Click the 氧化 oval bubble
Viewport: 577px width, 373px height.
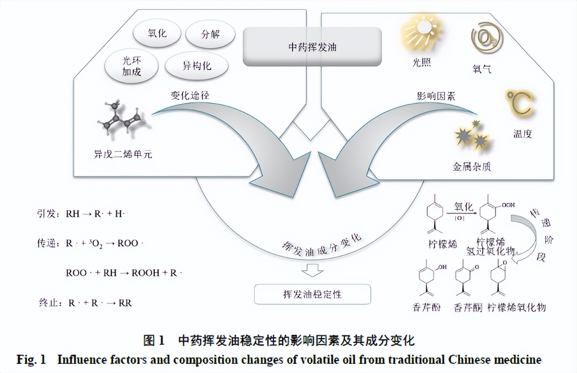(157, 34)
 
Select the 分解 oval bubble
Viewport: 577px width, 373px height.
(210, 35)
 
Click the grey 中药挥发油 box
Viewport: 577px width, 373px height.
(312, 46)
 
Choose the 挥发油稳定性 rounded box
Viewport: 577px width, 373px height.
(312, 294)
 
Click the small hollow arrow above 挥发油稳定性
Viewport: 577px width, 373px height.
(312, 271)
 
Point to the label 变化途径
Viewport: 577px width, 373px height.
(190, 95)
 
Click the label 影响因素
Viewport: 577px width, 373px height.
(435, 96)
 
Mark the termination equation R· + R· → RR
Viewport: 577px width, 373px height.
(100, 302)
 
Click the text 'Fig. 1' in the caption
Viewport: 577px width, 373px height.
(31, 360)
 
